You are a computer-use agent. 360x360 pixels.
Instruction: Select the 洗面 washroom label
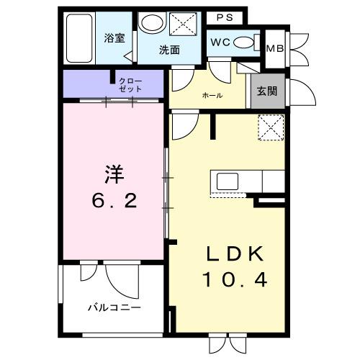coord(170,50)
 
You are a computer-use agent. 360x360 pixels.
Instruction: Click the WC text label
coord(220,42)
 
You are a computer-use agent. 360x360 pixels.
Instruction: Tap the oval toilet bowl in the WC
coord(245,42)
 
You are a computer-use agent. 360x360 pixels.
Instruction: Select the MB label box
coord(274,48)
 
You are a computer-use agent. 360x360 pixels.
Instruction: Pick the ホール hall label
coord(212,96)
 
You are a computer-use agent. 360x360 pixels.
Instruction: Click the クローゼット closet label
coord(130,84)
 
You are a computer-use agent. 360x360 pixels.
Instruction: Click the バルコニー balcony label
coord(114,307)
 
